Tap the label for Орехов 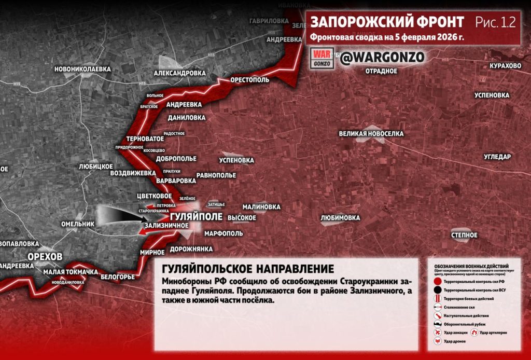click(x=46, y=257)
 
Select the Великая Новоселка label click(x=371, y=134)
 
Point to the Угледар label click(x=497, y=157)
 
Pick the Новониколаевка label click(x=83, y=69)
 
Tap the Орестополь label click(x=250, y=80)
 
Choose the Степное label click(x=464, y=235)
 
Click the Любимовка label click(x=340, y=218)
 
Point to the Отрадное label click(x=381, y=71)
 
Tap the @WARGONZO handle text click(x=382, y=57)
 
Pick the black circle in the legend click(x=438, y=289)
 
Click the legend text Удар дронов click(x=454, y=341)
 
